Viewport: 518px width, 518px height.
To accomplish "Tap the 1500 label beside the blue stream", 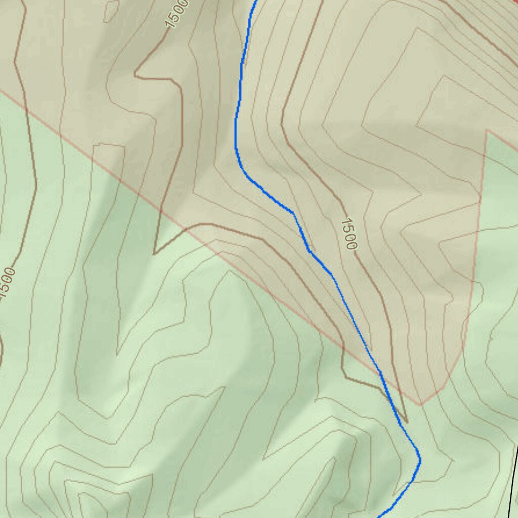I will tap(349, 234).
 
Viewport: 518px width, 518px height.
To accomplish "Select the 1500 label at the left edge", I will tap(7, 283).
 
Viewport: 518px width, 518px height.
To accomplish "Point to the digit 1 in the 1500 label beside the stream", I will tap(346, 221).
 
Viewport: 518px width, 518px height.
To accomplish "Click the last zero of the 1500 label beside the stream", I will tap(352, 245).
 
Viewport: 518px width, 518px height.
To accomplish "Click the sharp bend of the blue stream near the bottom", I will tap(419, 459).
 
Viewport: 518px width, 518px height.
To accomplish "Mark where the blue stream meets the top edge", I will tap(255, 1).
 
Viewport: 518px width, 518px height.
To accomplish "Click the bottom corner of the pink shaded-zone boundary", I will tap(420, 405).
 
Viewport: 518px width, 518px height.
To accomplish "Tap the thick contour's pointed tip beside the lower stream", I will tap(406, 421).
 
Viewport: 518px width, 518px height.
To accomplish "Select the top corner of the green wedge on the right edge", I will tap(487, 130).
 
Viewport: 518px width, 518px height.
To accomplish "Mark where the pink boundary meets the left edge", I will tap(1, 91).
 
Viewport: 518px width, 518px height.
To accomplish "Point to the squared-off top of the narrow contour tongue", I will tap(109, 146).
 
